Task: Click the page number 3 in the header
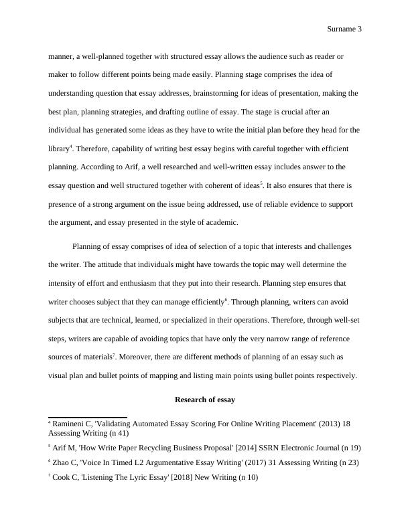click(360, 29)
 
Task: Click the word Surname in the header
click(342, 29)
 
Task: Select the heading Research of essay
click(204, 400)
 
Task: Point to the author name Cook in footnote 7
click(62, 478)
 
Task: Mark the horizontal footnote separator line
click(87, 416)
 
